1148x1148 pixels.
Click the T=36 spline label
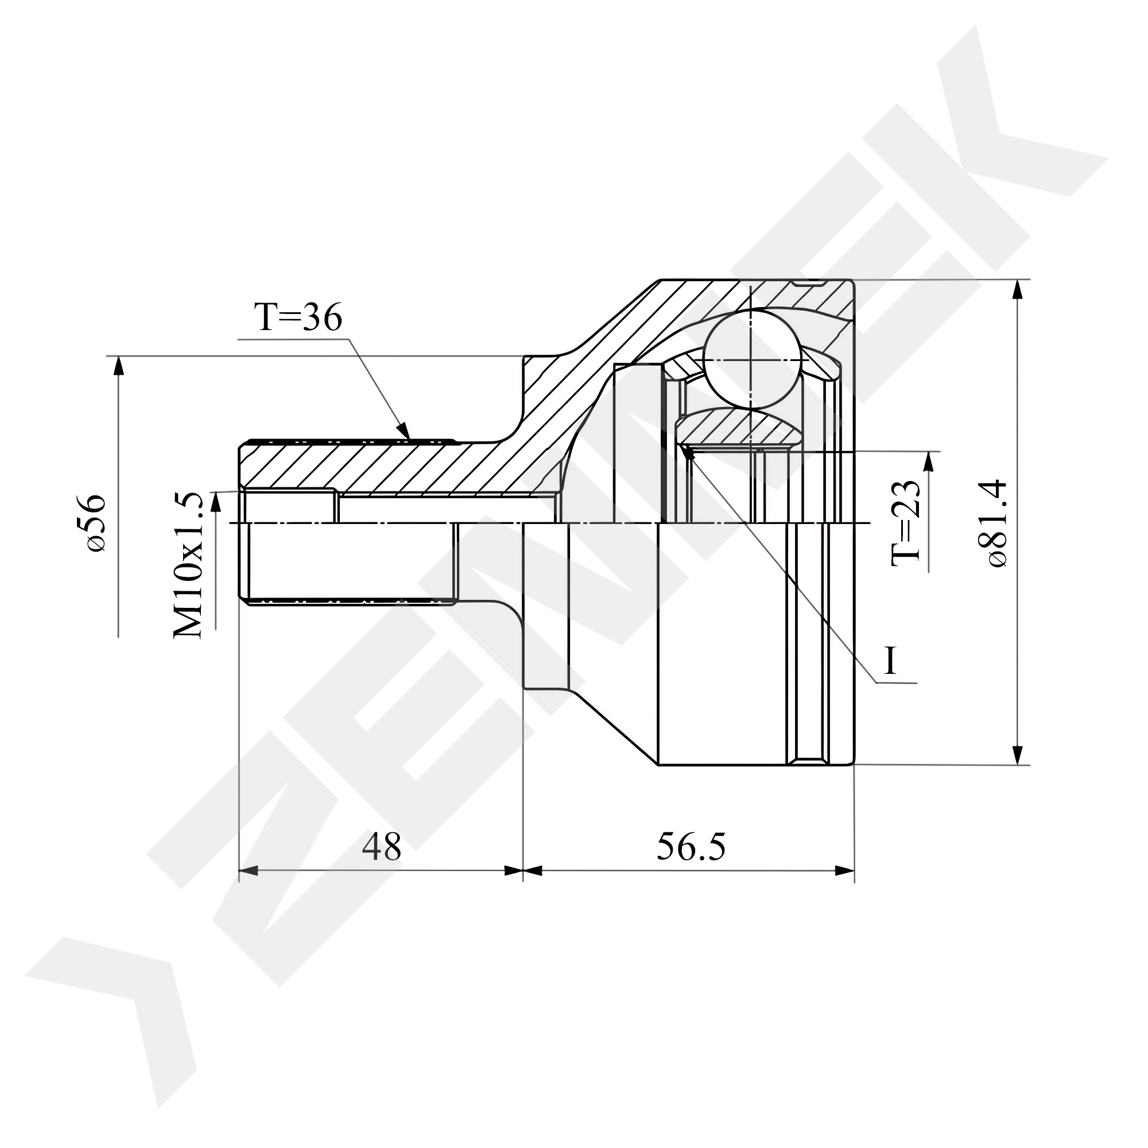298,318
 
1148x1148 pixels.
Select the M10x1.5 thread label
188,565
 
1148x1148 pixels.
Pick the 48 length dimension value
382,848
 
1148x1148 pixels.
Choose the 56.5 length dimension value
691,848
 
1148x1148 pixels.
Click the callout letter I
890,661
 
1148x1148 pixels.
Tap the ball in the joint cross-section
752,360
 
